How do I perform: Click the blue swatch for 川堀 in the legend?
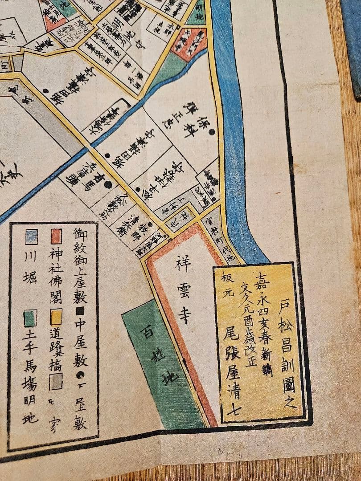pos(31,237)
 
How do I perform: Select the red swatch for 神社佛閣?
pos(56,237)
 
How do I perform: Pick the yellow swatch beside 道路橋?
pos(56,318)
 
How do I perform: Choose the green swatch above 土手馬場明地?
pos(31,318)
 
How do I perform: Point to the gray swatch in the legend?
pos(56,382)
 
